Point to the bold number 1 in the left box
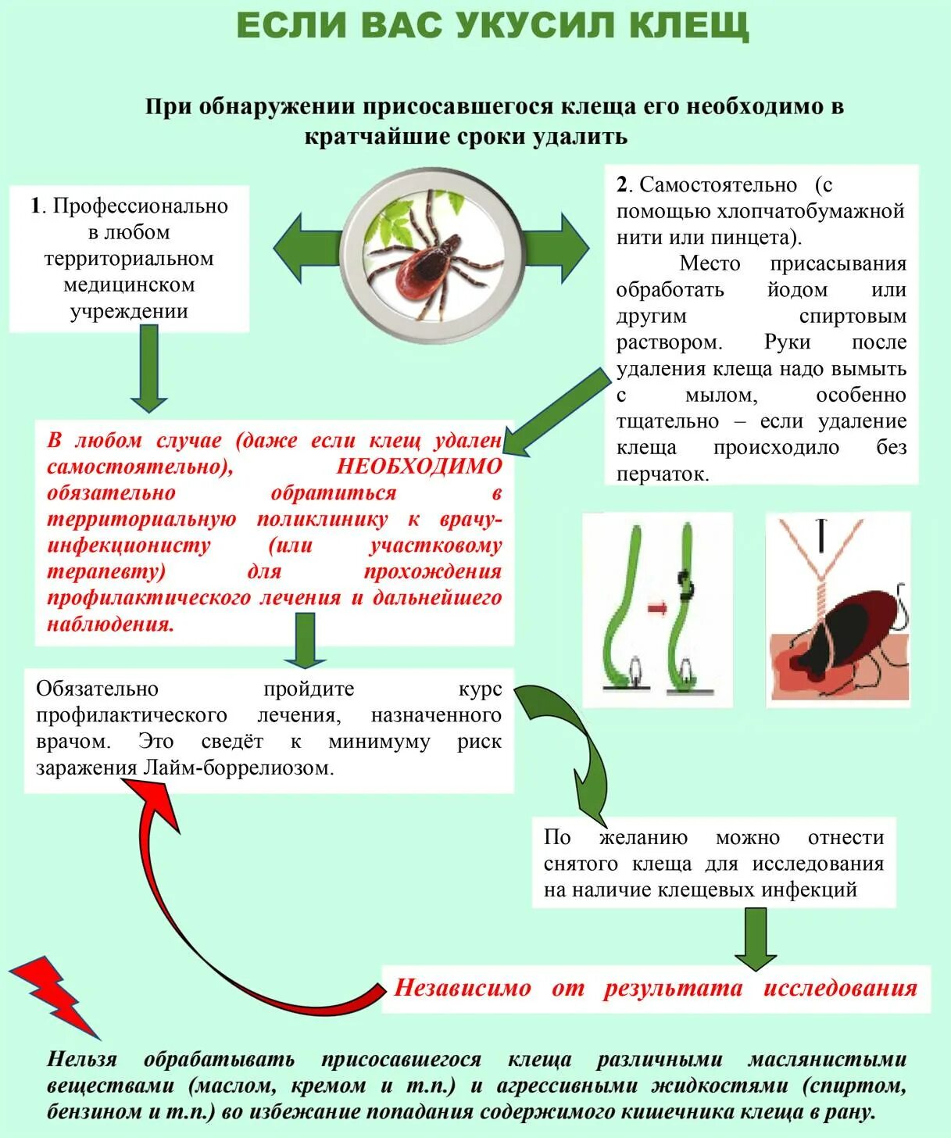point(35,206)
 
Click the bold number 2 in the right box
point(622,184)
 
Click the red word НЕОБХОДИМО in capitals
point(419,467)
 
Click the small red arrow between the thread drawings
point(658,608)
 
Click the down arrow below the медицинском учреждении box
point(148,367)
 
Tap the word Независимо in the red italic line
point(463,988)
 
